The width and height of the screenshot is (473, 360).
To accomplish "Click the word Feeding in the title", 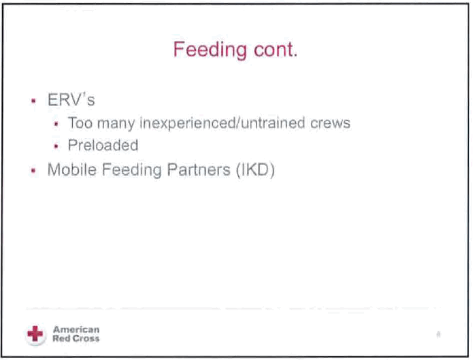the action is click(210, 50).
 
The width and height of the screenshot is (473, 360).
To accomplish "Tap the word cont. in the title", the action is click(276, 50).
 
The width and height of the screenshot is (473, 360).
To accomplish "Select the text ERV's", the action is click(71, 99).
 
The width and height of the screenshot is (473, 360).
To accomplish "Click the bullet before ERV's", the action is click(33, 101).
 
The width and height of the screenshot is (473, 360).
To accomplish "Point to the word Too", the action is click(80, 122).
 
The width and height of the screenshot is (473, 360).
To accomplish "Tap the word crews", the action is click(330, 123).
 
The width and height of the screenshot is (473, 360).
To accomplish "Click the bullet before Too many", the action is click(56, 124).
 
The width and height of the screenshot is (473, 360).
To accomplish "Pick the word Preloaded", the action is click(103, 145).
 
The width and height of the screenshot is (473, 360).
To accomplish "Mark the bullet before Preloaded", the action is click(56, 146).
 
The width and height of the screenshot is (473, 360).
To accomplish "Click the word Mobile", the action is click(72, 169).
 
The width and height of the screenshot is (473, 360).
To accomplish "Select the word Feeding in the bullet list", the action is click(132, 170).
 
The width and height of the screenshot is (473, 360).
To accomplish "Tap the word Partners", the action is click(199, 169).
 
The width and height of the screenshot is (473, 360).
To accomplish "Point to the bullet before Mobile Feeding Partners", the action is click(33, 171).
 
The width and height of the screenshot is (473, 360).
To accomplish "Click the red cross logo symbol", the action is click(35, 334).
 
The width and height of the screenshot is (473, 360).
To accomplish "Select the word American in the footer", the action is click(76, 329).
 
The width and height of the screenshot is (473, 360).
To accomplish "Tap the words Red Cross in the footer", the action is click(76, 339).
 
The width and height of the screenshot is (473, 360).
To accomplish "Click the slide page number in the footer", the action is click(438, 334).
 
